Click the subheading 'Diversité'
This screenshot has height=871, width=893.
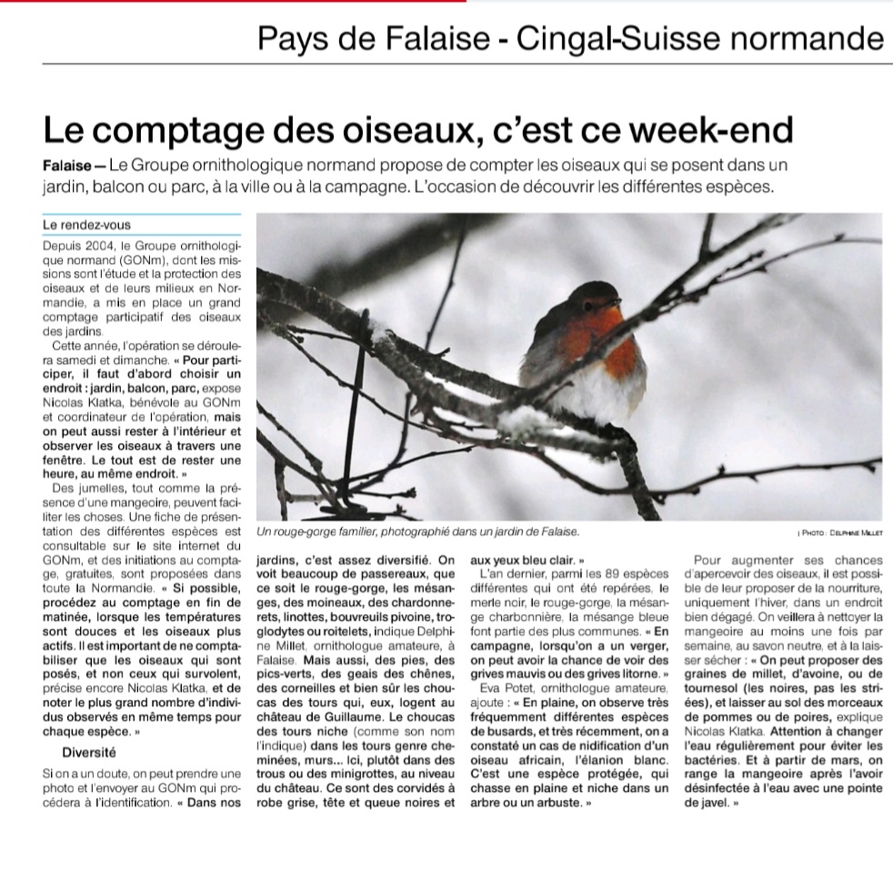tap(89, 753)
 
